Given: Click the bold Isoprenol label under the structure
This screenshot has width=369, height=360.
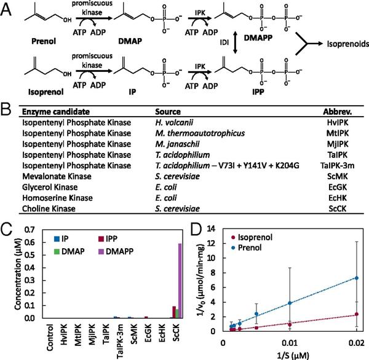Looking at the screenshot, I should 36,96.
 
